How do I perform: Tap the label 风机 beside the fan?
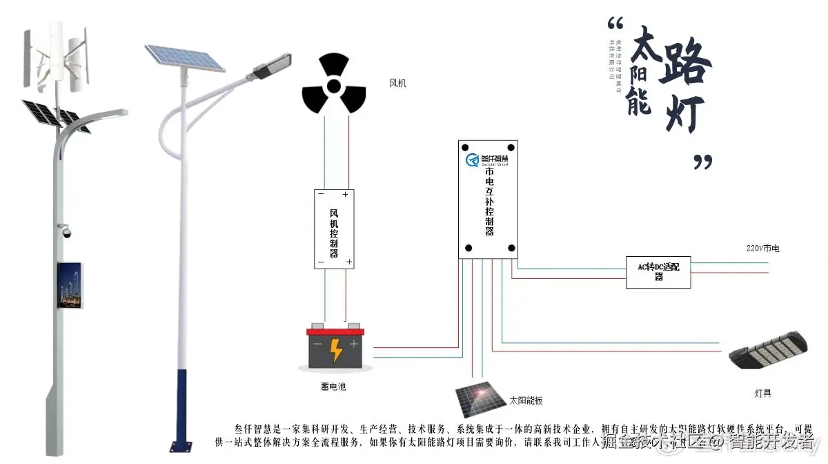398,84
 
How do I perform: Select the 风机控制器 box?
334,229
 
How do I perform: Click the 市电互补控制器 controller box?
488,200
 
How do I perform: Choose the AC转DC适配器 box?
658,271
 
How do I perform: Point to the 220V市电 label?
762,248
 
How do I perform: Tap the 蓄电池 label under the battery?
333,387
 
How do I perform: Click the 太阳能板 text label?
526,400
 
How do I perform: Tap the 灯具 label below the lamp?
762,394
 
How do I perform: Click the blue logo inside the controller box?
473,162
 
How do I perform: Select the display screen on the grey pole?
70,284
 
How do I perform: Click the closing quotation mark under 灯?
702,162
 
